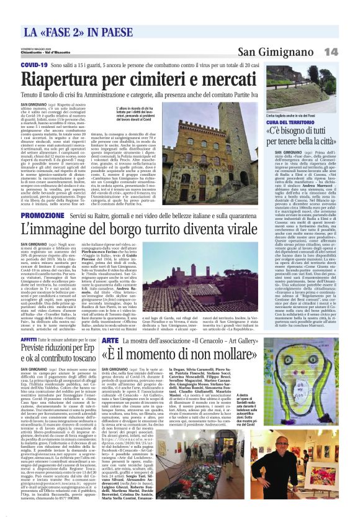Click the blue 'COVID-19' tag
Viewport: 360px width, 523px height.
pyautogui.click(x=34, y=65)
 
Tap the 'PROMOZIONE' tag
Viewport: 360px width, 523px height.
pyautogui.click(x=41, y=215)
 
